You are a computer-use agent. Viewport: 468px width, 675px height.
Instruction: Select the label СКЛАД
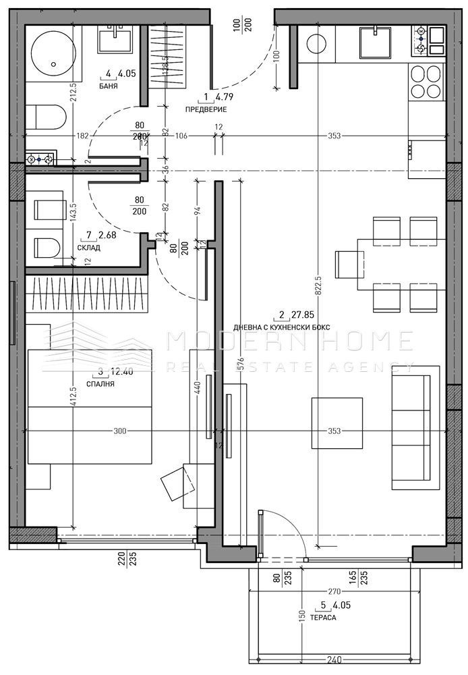point(88,248)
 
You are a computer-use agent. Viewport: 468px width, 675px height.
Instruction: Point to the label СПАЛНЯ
point(101,383)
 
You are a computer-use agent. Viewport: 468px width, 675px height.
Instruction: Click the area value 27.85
point(300,315)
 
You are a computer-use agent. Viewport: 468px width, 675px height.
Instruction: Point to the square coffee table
point(337,423)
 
